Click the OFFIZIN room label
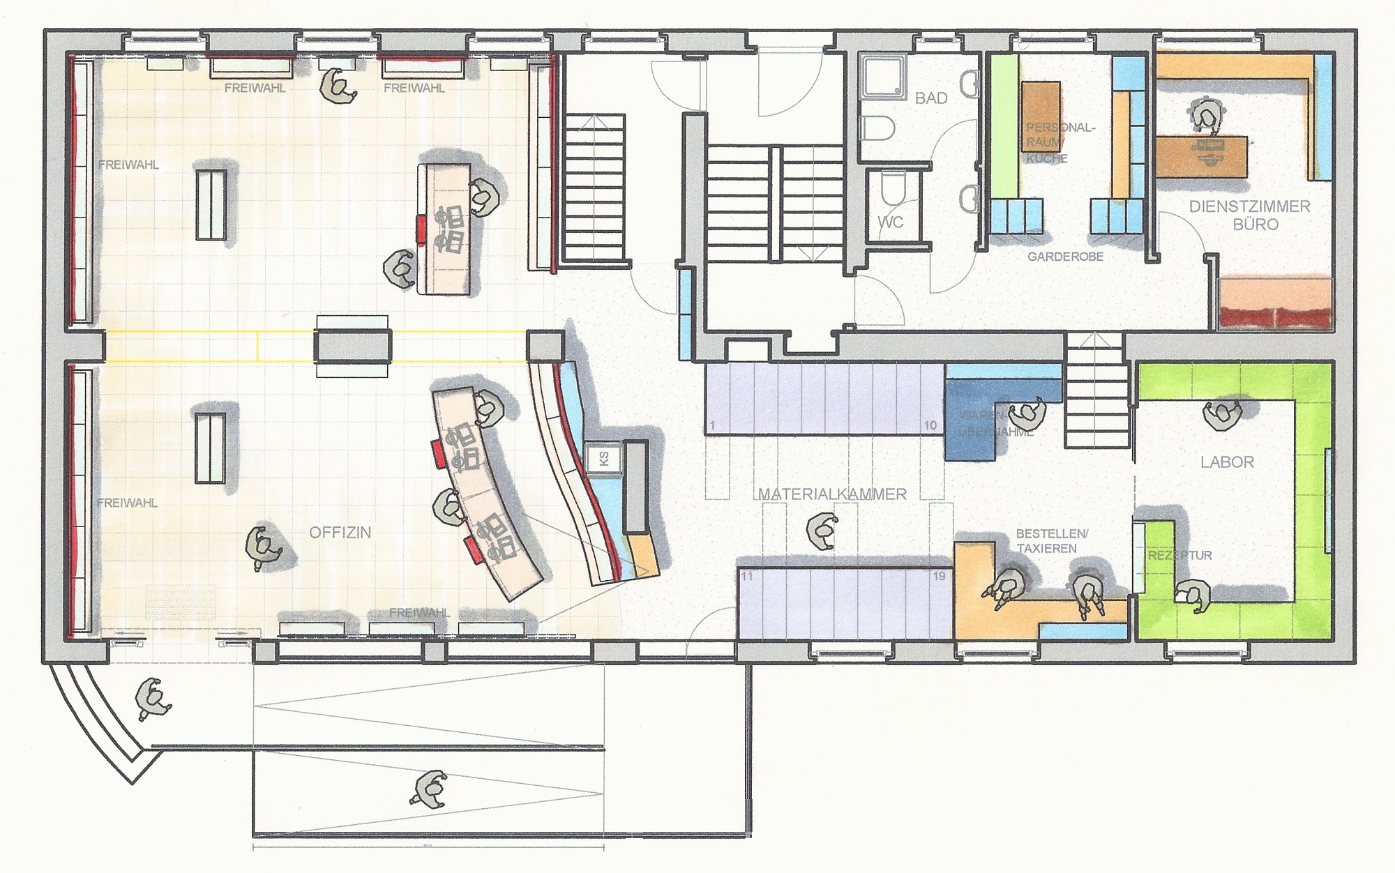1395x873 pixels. point(340,533)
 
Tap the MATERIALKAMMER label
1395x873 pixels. point(832,494)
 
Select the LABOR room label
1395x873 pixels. point(1227,462)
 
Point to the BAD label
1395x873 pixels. point(931,98)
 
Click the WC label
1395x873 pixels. point(890,222)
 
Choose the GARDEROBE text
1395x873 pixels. point(1065,257)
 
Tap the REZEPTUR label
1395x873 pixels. point(1180,556)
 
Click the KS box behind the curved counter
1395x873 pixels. point(604,459)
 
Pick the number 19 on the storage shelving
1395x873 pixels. point(939,576)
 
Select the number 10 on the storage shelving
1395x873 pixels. point(930,425)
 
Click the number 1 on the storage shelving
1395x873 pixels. point(712,425)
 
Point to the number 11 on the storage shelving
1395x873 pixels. point(747,576)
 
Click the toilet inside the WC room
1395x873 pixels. point(891,187)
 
